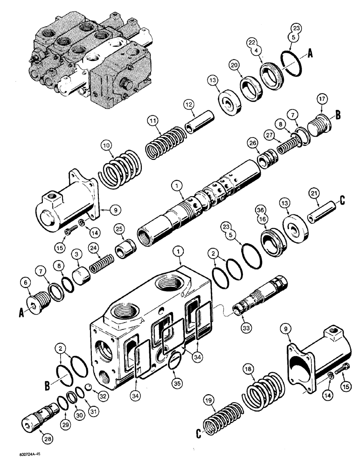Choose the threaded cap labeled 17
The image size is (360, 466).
pos(319,123)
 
